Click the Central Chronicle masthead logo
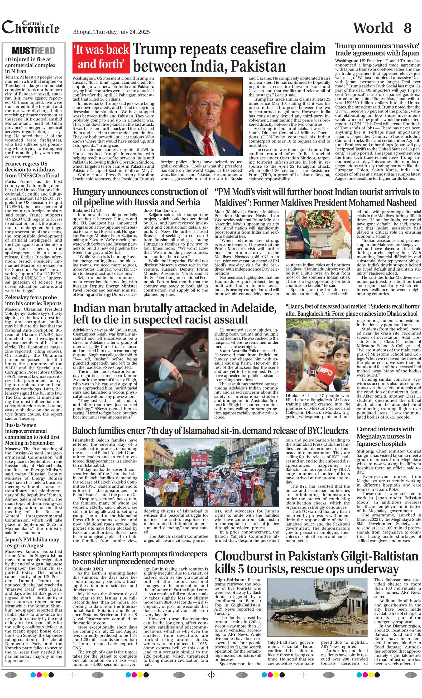tap(31, 27)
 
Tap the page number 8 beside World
tap(407, 28)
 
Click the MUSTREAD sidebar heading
tap(33, 51)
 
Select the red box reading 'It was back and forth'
tap(101, 57)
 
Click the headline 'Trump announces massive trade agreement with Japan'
tap(377, 49)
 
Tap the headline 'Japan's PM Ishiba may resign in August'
tap(32, 543)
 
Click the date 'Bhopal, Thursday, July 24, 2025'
tap(111, 32)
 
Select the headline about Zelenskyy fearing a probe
tap(31, 300)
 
